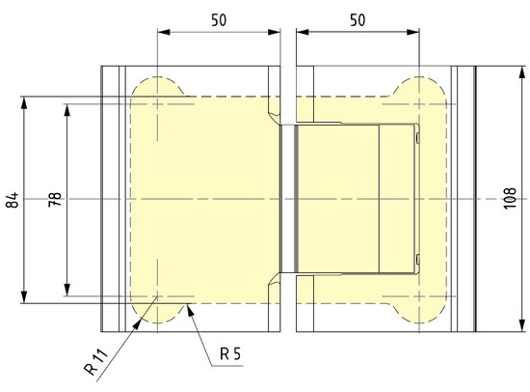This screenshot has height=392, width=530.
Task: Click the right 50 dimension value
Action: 357,18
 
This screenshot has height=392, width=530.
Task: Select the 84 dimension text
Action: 12,201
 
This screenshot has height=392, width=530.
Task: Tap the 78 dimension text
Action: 55,201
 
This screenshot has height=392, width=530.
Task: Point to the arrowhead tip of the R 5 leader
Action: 192,305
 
